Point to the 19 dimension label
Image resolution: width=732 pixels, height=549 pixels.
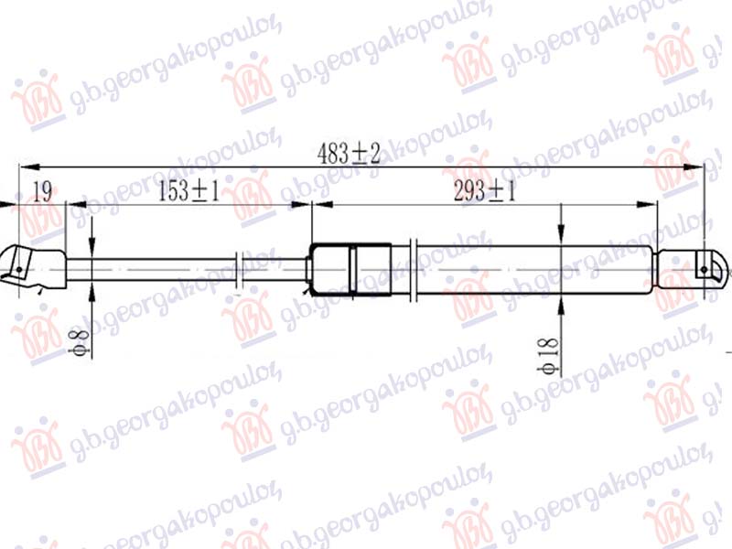click(x=41, y=192)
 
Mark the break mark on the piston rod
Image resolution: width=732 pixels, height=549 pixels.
click(x=241, y=270)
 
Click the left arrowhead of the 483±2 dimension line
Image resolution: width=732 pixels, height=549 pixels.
click(x=26, y=166)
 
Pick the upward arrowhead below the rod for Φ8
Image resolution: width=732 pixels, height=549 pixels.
click(x=92, y=291)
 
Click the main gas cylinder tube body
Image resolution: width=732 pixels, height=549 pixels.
click(x=531, y=269)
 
